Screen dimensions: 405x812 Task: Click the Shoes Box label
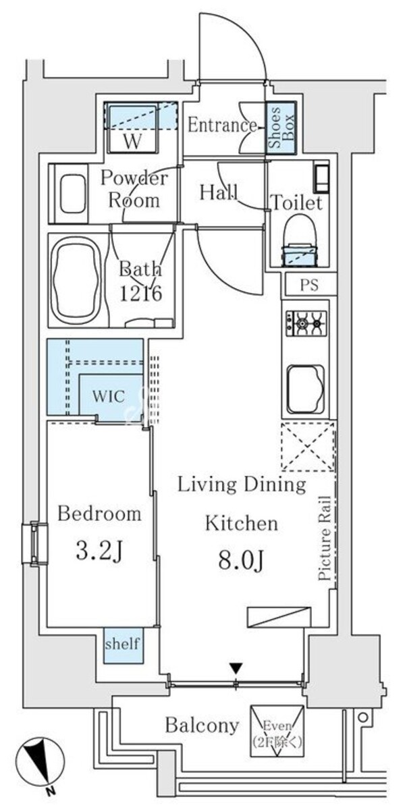tap(281, 128)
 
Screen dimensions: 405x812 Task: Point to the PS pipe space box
tap(309, 285)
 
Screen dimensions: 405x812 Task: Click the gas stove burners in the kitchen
tap(306, 323)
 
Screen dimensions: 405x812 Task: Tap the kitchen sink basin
tap(306, 390)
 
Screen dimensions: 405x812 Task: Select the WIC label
tap(109, 396)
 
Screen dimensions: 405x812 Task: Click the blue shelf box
tap(124, 653)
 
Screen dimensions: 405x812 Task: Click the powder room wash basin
tap(73, 193)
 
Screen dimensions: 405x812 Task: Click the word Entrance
tap(222, 126)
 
